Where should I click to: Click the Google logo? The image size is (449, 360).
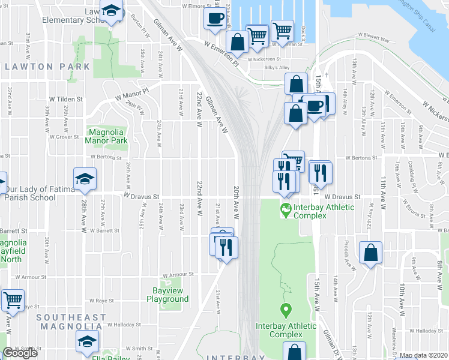tap(20, 353)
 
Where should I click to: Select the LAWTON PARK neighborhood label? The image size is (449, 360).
tap(47, 67)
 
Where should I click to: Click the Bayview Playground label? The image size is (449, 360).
tap(167, 295)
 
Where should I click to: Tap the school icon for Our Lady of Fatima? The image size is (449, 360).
tap(85, 178)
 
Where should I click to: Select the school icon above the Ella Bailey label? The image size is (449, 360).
tap(88, 340)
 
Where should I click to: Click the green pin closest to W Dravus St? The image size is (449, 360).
tap(286, 210)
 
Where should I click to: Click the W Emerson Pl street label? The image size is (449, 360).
tap(221, 53)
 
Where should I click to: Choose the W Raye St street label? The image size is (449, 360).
tap(102, 301)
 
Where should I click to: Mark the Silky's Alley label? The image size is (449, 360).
tap(277, 68)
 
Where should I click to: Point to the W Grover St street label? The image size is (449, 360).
tap(64, 137)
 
